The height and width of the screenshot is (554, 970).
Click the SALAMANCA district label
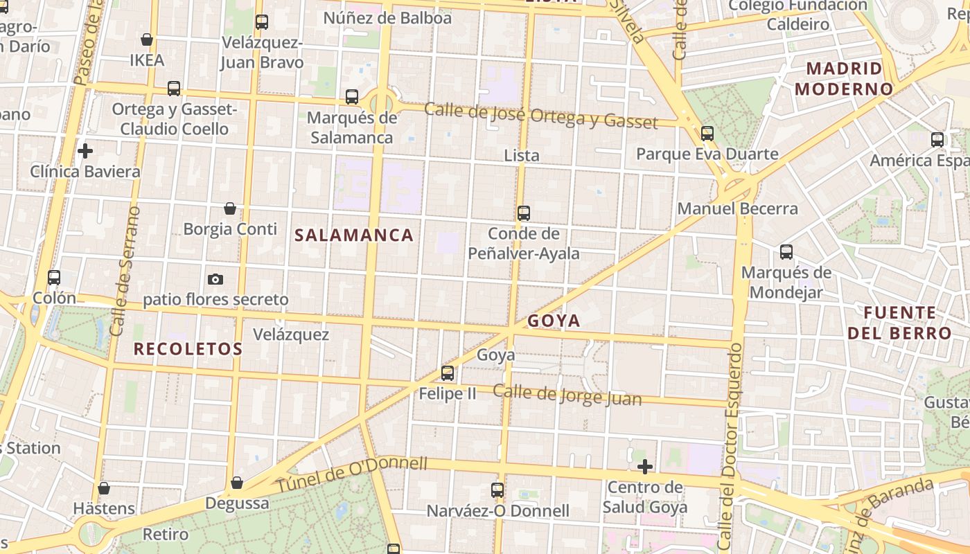(x=354, y=235)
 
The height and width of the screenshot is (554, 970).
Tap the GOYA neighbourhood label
(x=554, y=321)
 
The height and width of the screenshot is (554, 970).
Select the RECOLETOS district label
(x=188, y=349)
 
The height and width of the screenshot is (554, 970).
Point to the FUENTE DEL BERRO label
(x=899, y=323)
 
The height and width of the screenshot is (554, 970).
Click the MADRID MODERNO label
(x=844, y=79)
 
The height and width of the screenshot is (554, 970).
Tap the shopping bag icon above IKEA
(x=147, y=39)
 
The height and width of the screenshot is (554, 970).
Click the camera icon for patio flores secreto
(x=215, y=279)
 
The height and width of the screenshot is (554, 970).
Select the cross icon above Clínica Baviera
(x=85, y=150)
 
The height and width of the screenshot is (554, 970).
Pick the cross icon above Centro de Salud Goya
(x=645, y=467)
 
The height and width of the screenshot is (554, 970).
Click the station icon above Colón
(x=54, y=278)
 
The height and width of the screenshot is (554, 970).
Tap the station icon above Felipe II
(x=448, y=373)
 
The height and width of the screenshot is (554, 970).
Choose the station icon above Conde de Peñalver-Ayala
(x=524, y=213)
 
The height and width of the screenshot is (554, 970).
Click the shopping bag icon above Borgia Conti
(x=230, y=208)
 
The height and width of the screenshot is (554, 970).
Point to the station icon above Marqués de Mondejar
(x=786, y=252)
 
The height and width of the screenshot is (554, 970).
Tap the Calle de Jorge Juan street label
(x=567, y=395)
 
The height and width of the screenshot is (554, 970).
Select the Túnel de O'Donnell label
(x=352, y=474)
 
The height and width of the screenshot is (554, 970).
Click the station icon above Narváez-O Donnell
(x=497, y=490)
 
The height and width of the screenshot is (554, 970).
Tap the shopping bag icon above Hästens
(x=104, y=488)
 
